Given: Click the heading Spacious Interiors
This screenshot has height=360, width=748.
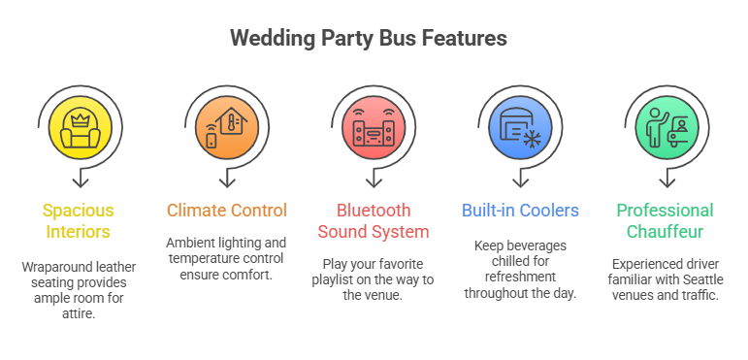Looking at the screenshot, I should pos(77,220).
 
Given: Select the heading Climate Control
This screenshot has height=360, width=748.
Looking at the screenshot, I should pos(226,211).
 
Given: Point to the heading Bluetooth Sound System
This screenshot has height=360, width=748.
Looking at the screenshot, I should pos(374,220).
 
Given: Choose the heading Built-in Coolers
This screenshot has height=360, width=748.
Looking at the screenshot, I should pos(522,211).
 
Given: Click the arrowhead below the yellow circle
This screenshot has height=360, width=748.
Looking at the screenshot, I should pos(81,180).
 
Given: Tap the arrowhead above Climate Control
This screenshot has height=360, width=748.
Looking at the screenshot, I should pos(227,180).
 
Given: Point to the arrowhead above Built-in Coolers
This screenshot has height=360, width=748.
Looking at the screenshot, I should pos(522,180).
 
